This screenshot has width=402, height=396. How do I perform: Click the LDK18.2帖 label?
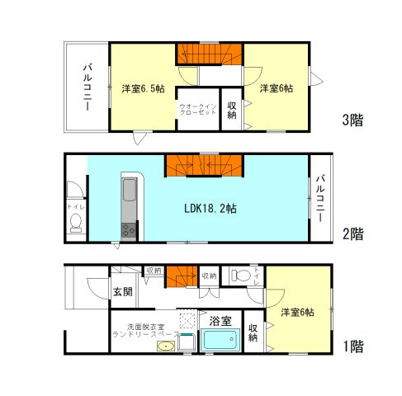click(x=210, y=210)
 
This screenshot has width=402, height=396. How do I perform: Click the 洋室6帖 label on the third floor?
click(x=277, y=88)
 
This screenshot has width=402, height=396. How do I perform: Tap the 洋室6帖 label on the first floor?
click(x=296, y=312)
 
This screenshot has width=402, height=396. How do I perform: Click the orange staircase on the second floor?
click(x=203, y=165)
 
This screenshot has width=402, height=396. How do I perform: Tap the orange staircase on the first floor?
click(x=180, y=278)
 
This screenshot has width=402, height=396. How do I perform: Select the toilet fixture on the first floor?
click(x=239, y=276)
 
